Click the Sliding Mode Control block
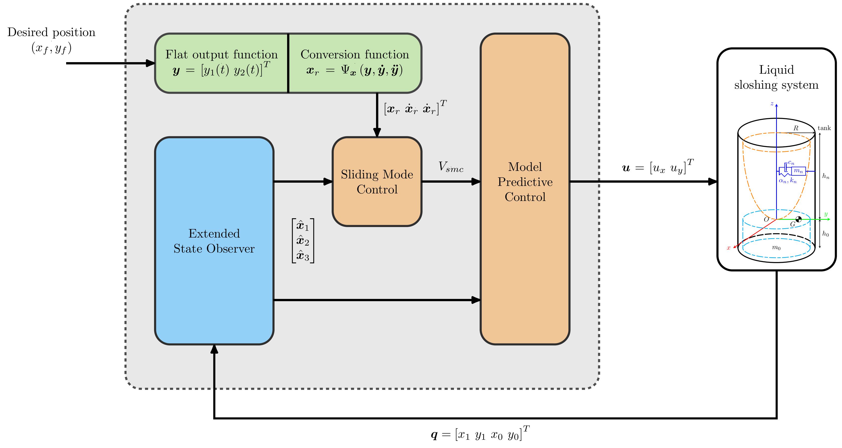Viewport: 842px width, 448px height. pos(377,181)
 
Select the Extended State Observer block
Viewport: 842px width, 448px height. pos(214,241)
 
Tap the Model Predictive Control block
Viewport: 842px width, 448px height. pos(525,189)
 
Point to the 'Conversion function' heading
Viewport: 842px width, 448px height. pos(355,54)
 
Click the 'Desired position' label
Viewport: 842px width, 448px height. pos(51,32)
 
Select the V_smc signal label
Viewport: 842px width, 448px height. pos(451,167)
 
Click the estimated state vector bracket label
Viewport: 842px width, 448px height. pos(303,241)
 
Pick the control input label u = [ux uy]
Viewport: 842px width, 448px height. pos(658,167)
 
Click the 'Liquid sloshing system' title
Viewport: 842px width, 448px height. pos(776,77)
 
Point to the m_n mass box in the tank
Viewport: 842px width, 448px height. pos(798,171)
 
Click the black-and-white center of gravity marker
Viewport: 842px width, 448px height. pos(798,219)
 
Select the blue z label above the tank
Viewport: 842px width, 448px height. pos(772,104)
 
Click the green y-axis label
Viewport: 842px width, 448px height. pos(826,214)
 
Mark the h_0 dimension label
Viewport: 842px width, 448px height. pos(826,234)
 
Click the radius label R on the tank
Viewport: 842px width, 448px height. pos(796,128)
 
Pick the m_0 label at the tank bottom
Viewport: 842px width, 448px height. pos(776,248)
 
